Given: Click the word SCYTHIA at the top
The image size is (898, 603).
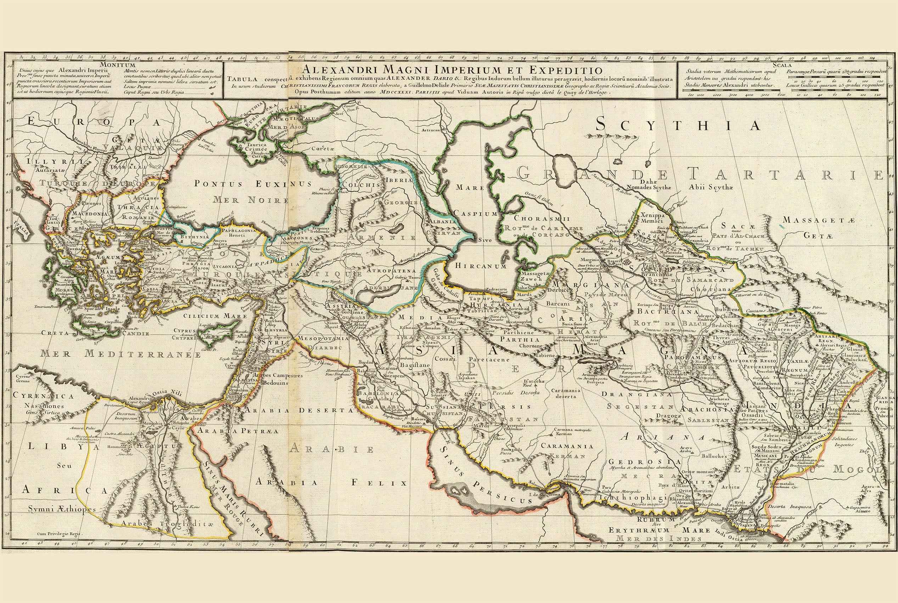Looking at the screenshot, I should pyautogui.click(x=679, y=125).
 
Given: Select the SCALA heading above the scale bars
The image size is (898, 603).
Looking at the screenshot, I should pyautogui.click(x=780, y=65).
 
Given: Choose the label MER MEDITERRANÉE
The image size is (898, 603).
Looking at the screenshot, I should pyautogui.click(x=121, y=354).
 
